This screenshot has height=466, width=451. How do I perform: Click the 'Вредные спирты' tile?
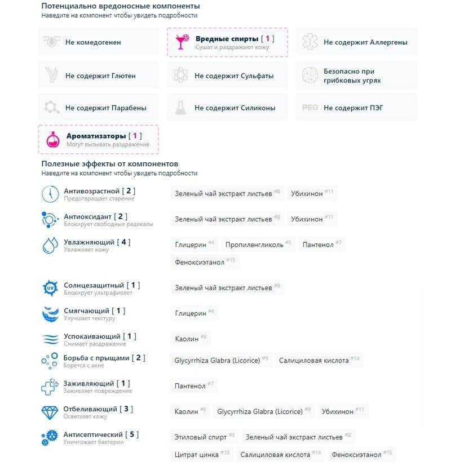point(227,42)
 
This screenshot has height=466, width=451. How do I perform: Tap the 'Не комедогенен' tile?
point(98,42)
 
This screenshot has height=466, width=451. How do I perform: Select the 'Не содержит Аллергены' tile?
point(357,42)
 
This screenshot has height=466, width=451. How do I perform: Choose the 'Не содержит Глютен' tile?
point(98,76)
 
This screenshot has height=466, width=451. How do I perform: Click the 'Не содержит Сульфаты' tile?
point(227,76)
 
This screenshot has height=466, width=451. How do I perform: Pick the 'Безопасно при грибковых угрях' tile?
point(357,76)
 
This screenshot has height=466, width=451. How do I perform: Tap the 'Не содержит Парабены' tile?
point(98,108)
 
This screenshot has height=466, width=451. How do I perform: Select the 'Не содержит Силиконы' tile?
point(227,108)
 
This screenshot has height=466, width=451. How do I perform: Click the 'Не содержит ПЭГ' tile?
point(357,108)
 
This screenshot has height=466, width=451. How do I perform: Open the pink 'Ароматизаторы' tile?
point(98,140)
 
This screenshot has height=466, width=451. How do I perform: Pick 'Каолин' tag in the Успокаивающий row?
point(191,339)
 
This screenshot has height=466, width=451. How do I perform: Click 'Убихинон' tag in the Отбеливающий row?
point(343,411)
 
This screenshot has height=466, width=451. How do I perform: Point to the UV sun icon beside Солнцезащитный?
point(50,288)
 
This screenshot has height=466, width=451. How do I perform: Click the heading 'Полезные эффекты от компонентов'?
point(109,163)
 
